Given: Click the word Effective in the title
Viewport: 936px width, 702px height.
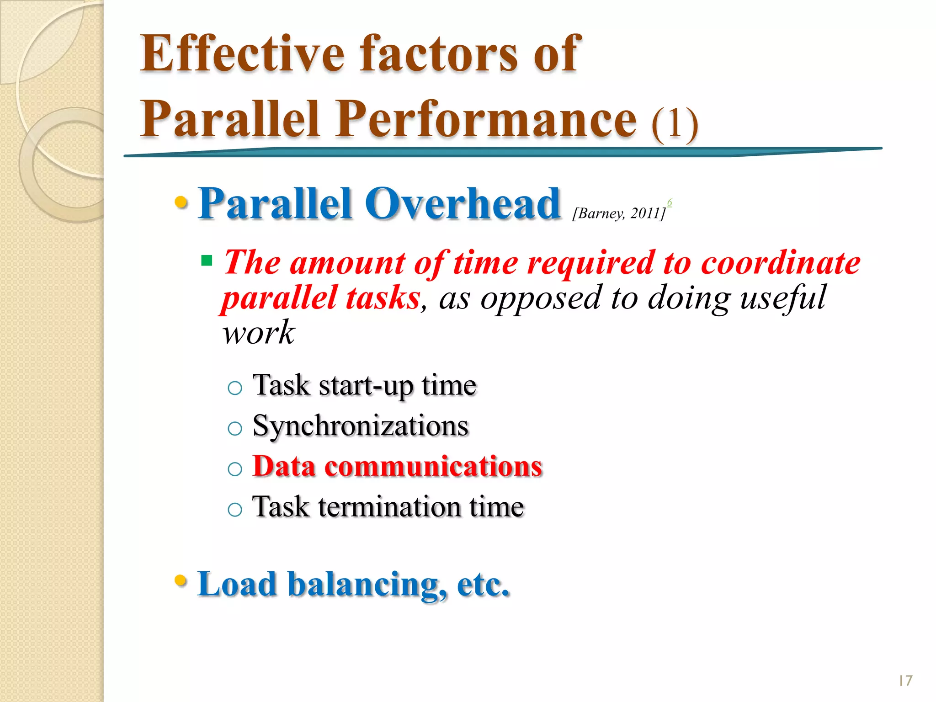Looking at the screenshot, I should [242, 54].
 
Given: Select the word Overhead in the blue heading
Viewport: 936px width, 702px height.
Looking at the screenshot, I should [463, 204].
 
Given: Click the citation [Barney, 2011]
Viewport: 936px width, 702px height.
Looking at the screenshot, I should [618, 213].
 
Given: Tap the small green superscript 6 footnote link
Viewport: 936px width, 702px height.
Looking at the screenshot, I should [670, 202].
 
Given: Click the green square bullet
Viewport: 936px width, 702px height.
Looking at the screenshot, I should [207, 261].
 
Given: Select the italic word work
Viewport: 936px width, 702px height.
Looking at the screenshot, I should [258, 332].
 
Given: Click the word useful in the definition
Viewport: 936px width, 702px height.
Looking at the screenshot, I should [783, 298].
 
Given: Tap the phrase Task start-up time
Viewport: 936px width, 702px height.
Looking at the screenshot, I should [364, 385].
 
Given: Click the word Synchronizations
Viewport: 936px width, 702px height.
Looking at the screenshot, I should [360, 426].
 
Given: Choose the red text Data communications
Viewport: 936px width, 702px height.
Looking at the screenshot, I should [397, 467].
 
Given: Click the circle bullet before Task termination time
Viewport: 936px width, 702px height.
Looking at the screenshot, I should [234, 509].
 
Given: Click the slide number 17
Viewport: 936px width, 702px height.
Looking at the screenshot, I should [905, 681].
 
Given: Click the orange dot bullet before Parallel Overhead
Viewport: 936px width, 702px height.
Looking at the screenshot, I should [181, 202].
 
